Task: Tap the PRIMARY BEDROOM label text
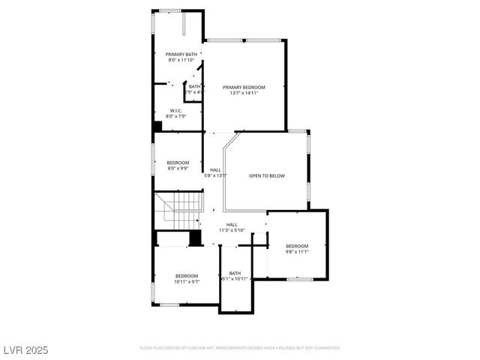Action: pos(244,88)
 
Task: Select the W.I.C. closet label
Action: pos(177,111)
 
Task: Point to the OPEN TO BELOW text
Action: pos(267,175)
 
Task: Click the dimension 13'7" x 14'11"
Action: pos(244,94)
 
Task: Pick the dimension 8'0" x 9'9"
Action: pos(178,169)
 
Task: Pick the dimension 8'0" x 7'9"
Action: pos(177,117)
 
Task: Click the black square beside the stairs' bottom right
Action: pos(195,238)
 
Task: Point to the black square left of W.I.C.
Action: pos(157,127)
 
